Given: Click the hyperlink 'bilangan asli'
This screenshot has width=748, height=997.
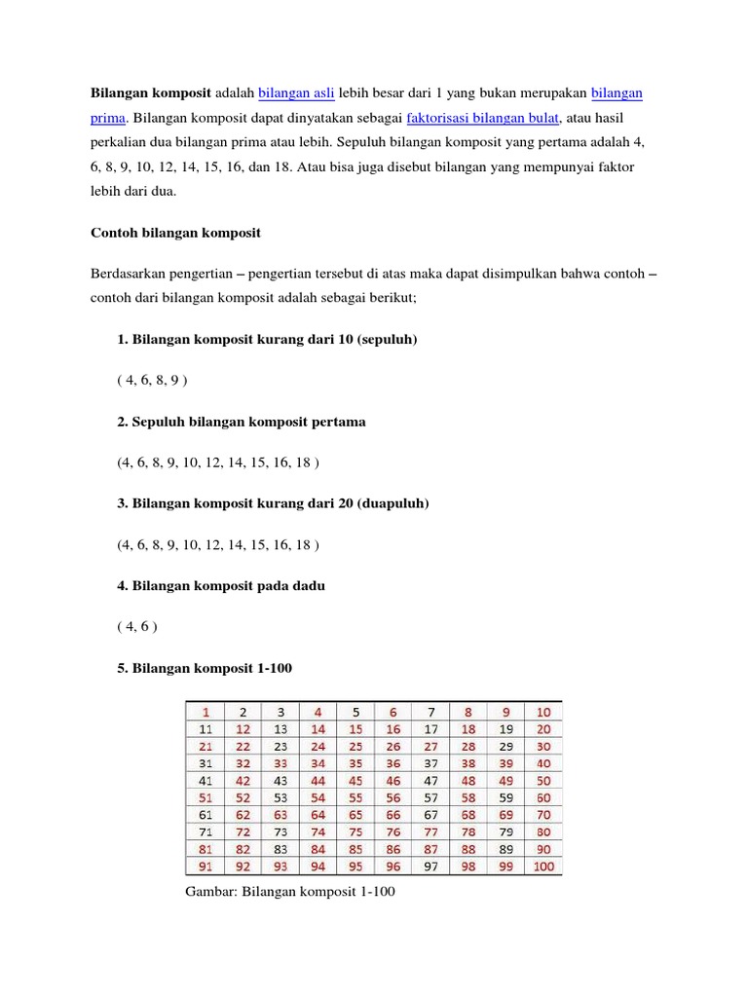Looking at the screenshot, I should pyautogui.click(x=296, y=92).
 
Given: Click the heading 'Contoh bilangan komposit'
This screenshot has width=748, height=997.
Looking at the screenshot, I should pyautogui.click(x=175, y=233).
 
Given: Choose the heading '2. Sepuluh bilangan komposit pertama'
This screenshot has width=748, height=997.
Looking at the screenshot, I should pyautogui.click(x=241, y=422).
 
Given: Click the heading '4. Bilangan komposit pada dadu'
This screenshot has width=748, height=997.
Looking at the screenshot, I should pyautogui.click(x=221, y=585).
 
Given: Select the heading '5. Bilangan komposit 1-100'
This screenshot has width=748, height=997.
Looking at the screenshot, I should pyautogui.click(x=204, y=668).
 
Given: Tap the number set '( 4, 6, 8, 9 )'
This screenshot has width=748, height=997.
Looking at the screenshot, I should pyautogui.click(x=151, y=380).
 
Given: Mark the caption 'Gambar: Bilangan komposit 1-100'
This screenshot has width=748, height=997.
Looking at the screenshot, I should pyautogui.click(x=289, y=891).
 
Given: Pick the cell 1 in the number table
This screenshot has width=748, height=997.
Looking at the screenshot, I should pyautogui.click(x=206, y=711).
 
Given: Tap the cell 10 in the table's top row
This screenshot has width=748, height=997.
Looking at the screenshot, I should pyautogui.click(x=542, y=711).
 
